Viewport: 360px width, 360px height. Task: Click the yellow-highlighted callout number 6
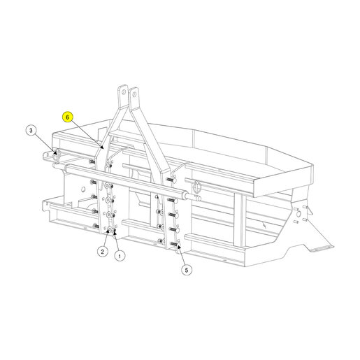67,117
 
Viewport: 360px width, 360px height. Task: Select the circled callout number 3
31,131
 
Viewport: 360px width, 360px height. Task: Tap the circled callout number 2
102,252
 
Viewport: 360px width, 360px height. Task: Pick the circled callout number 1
120,256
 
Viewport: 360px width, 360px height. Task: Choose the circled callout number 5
187,270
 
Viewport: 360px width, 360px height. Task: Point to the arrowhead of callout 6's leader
101,147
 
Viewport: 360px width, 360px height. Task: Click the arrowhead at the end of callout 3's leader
55,152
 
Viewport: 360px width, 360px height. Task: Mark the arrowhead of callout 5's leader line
179,246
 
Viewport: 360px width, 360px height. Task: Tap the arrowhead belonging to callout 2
108,231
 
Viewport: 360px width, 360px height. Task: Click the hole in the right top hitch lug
134,94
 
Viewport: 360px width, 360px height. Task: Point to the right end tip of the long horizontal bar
200,199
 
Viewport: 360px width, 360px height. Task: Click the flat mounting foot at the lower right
322,249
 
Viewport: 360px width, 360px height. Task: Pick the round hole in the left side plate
83,189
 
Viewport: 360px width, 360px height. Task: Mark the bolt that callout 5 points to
175,244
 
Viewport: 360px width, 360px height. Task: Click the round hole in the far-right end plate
298,213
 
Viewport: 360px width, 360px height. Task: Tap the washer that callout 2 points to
109,230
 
